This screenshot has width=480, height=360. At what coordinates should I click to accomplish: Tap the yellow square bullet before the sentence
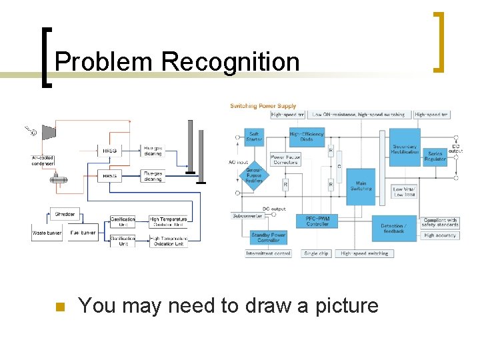pyautogui.click(x=58, y=307)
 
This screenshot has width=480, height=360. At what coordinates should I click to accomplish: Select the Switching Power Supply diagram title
pyautogui.click(x=263, y=106)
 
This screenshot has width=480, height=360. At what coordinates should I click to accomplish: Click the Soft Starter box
pyautogui.click(x=254, y=137)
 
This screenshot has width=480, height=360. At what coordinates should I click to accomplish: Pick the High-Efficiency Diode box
pyautogui.click(x=306, y=137)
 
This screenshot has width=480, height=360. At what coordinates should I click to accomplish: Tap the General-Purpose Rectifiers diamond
pyautogui.click(x=254, y=175)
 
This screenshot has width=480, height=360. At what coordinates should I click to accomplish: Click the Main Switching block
pyautogui.click(x=361, y=185)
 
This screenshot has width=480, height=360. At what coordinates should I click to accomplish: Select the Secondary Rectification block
pyautogui.click(x=405, y=149)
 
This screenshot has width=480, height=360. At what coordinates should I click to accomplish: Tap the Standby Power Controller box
pyautogui.click(x=269, y=238)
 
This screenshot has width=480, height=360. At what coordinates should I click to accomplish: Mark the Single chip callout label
pyautogui.click(x=315, y=253)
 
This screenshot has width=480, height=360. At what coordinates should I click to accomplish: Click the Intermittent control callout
pyautogui.click(x=268, y=253)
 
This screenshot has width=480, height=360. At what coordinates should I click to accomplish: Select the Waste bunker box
pyautogui.click(x=47, y=233)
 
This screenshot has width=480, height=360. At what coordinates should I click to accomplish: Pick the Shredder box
pyautogui.click(x=65, y=214)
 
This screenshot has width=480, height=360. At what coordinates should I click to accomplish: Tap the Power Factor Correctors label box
pyautogui.click(x=285, y=160)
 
